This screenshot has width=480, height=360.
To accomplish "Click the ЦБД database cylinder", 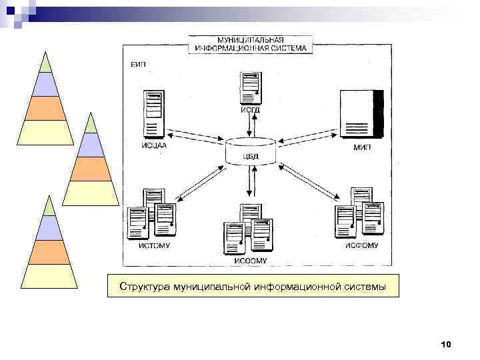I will (x=250, y=151).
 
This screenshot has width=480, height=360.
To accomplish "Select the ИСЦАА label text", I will (x=154, y=145).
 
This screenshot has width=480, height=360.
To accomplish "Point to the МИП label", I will (x=362, y=147).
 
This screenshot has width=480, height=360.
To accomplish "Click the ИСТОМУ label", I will (x=154, y=245).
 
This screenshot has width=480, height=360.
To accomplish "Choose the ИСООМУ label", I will (x=250, y=261).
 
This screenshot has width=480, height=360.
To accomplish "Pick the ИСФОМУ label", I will (x=361, y=245).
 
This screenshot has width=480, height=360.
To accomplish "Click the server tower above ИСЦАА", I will (x=153, y=113).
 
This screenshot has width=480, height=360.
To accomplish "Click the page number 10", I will (x=446, y=344).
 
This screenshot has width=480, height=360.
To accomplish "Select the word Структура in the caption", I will (x=144, y=287).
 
